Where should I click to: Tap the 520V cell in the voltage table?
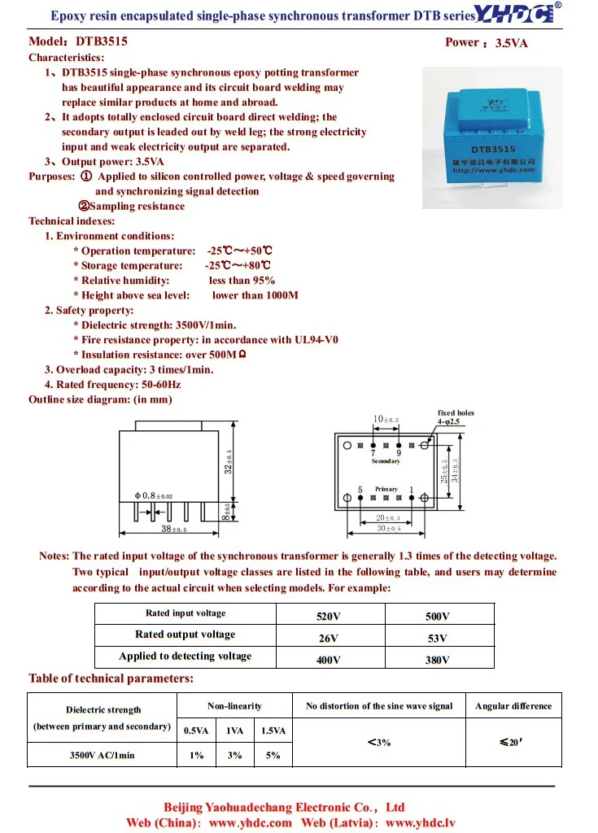tap(328, 617)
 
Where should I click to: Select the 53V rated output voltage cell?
tap(438, 639)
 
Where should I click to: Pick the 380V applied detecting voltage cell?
tap(438, 660)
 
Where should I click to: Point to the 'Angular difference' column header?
tap(513, 706)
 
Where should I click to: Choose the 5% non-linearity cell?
tap(273, 755)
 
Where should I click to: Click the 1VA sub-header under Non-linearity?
tap(234, 731)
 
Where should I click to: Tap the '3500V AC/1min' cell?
tap(102, 755)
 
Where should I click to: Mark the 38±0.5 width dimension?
tap(173, 529)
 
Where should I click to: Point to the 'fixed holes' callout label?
tap(456, 412)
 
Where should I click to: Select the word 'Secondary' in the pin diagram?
tap(386, 461)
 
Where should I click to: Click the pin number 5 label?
tap(360, 489)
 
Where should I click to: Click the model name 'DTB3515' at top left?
tap(101, 41)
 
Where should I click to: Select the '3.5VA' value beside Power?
tap(511, 43)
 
